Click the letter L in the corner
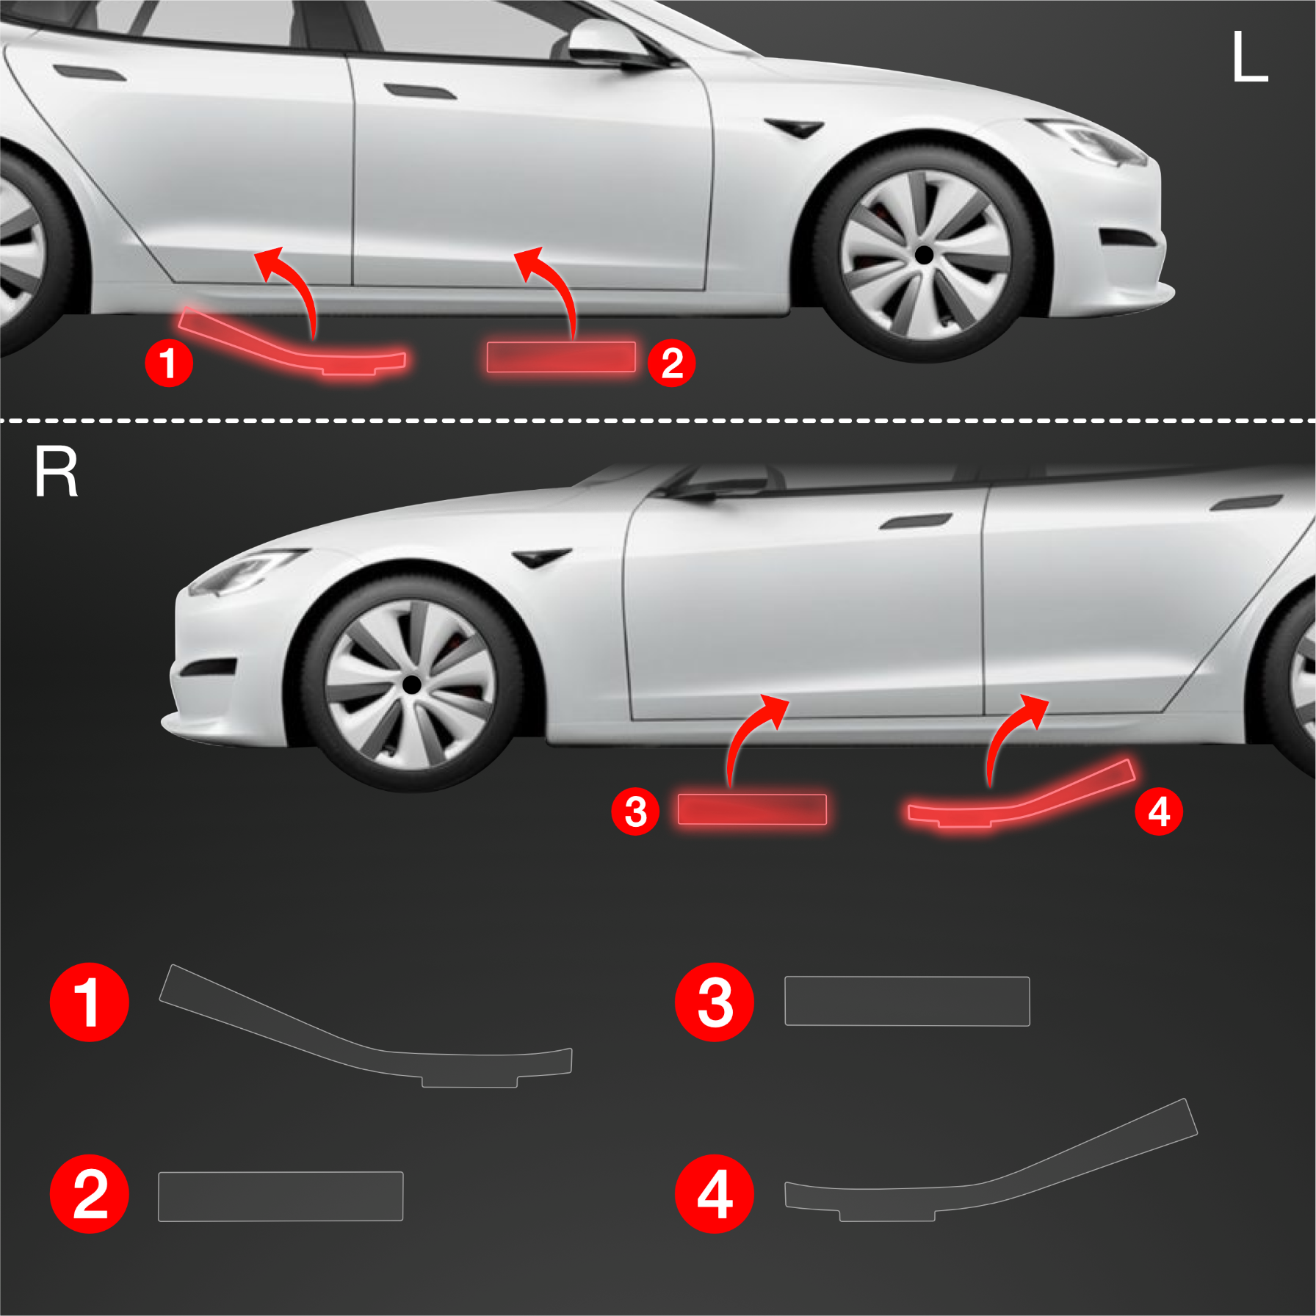[1250, 57]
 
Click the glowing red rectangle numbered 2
[561, 357]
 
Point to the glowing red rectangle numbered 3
[752, 809]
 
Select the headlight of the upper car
[1094, 141]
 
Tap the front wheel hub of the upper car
[923, 255]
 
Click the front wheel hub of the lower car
[412, 684]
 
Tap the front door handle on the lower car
[915, 521]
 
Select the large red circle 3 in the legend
[714, 1002]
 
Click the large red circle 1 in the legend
[89, 1002]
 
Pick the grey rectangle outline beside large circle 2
[281, 1196]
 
